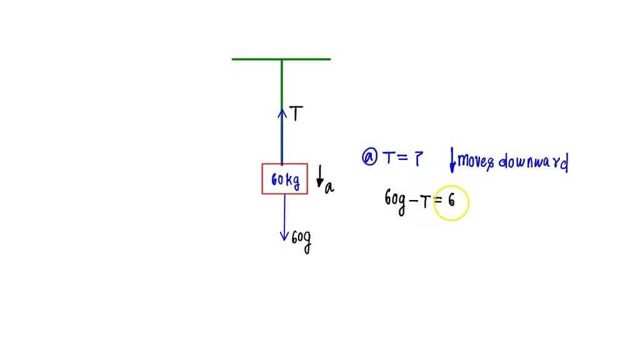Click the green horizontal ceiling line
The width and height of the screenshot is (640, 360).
click(281, 59)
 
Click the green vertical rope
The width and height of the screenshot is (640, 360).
click(282, 112)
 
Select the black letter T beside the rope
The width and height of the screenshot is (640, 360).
click(296, 114)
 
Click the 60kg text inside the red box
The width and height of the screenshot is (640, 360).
click(285, 180)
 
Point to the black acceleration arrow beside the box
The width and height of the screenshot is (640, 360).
click(321, 176)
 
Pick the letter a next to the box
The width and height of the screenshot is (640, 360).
click(329, 187)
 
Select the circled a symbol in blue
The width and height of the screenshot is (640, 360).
click(370, 157)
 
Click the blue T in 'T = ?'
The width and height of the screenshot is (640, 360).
click(389, 157)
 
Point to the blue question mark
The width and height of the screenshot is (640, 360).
click(418, 158)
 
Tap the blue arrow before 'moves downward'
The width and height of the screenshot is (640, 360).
click(452, 159)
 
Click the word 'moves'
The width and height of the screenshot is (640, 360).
click(476, 161)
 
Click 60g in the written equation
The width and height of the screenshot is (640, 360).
click(395, 200)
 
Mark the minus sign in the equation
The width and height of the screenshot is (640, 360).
click(414, 201)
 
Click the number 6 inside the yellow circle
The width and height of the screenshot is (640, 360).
click(451, 200)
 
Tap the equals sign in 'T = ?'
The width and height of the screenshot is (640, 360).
click(402, 157)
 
